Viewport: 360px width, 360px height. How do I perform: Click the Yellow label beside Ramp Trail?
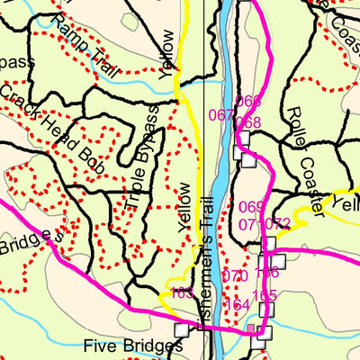[168, 53]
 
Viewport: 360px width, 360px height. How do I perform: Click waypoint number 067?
[220, 114]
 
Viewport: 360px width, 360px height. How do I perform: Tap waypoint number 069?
[252, 207]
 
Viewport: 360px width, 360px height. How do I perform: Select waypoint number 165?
[264, 296]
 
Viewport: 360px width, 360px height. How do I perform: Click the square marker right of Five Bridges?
[183, 330]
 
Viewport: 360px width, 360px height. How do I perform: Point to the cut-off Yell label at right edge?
[345, 204]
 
